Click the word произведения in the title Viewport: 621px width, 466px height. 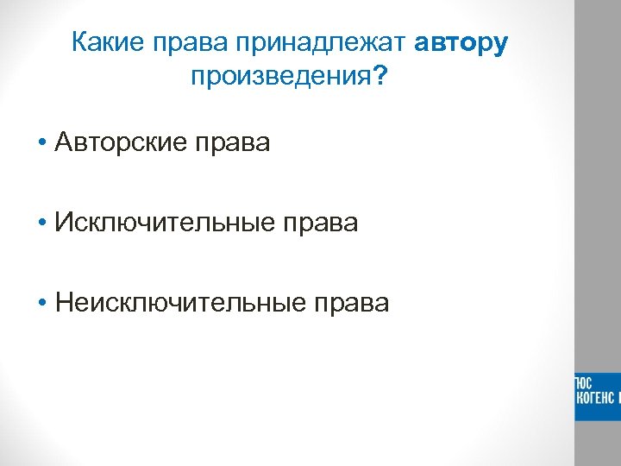(281, 79)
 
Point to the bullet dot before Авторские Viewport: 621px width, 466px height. (41, 143)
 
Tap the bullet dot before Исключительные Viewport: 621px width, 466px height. (41, 224)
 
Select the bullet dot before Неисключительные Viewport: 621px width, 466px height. (41, 304)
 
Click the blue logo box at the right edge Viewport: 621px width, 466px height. (598, 396)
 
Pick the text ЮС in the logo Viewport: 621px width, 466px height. (584, 383)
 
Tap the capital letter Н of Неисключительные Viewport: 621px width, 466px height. (62, 303)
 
